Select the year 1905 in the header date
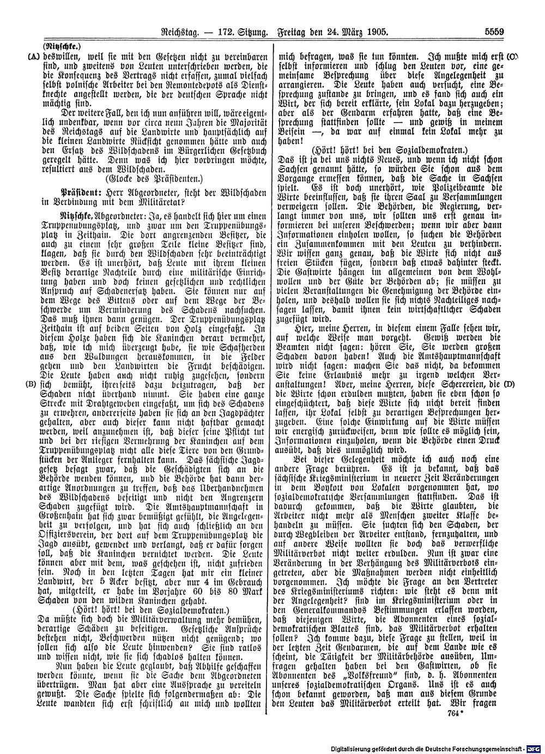pos(376,33)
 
